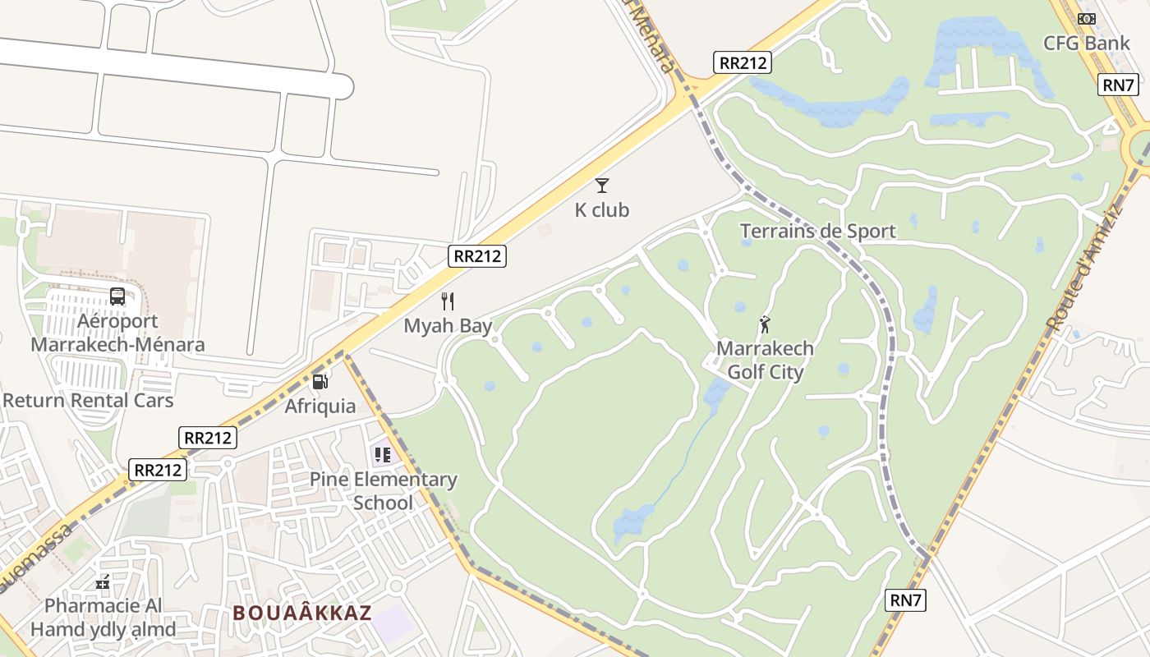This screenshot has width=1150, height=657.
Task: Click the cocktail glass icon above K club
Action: pyautogui.click(x=602, y=186)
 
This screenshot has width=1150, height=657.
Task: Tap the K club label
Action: pyautogui.click(x=602, y=210)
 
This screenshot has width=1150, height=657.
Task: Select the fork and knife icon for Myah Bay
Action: pyautogui.click(x=448, y=301)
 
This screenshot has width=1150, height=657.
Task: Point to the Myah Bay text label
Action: pyautogui.click(x=448, y=325)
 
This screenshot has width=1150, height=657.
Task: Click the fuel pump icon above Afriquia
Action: pyautogui.click(x=320, y=381)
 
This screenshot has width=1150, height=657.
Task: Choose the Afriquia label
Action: pyautogui.click(x=320, y=406)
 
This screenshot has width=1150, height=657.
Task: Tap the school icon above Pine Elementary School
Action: pyautogui.click(x=383, y=454)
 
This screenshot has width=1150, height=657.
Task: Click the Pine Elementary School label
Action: pyautogui.click(x=384, y=490)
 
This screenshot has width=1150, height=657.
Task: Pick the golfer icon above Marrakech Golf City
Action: pyautogui.click(x=765, y=324)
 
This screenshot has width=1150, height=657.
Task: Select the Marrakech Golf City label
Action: pyautogui.click(x=766, y=360)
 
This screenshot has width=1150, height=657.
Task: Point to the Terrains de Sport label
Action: pyautogui.click(x=817, y=231)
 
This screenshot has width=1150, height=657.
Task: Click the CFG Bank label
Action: pyautogui.click(x=1087, y=43)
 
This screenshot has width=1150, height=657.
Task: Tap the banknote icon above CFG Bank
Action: pyautogui.click(x=1087, y=18)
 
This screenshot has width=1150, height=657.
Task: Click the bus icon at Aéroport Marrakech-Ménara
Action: pyautogui.click(x=117, y=296)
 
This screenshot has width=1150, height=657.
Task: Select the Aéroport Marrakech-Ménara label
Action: pyautogui.click(x=117, y=333)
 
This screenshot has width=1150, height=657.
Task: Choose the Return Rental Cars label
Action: pyautogui.click(x=88, y=401)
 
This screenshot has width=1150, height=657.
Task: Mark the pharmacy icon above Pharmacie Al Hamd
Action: pyautogui.click(x=103, y=582)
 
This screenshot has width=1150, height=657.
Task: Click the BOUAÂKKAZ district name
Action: pyautogui.click(x=302, y=613)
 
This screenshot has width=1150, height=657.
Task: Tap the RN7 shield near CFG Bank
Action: pyautogui.click(x=1118, y=84)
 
